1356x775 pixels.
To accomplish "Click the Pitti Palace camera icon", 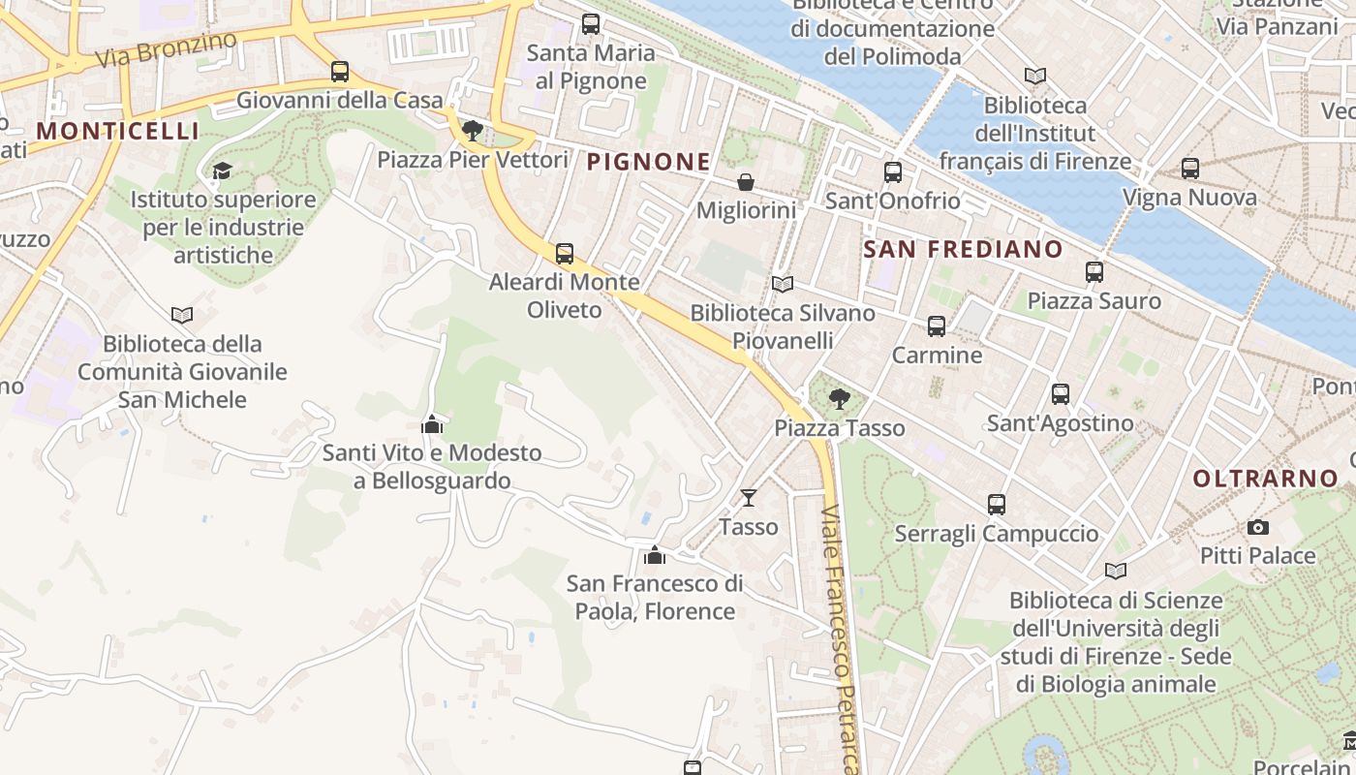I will point(1258,528).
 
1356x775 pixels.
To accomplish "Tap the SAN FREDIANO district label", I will point(963,249).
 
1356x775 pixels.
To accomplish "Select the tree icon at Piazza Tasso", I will point(840,398).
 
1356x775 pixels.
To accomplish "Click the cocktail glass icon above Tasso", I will point(748,498).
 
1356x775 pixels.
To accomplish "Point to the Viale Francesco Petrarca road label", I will point(840,639).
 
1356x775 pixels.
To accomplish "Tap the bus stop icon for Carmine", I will point(937,326).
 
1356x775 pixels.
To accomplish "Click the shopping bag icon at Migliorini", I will point(746,182).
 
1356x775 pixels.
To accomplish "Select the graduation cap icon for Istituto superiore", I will point(222,171).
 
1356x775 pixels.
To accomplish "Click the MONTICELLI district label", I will point(117,131).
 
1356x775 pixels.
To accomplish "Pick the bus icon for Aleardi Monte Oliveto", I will point(565,254).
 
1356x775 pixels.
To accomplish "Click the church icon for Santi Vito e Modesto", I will point(432,424).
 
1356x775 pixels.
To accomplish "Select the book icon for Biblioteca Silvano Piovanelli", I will point(782,285).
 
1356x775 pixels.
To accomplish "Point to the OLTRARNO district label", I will point(1265,478).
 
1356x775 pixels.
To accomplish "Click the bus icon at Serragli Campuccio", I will point(997,505).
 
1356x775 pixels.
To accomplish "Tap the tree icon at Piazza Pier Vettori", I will point(473,131).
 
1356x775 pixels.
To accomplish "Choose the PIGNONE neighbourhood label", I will point(649,162).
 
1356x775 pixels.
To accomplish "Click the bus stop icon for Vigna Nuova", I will point(1190,169).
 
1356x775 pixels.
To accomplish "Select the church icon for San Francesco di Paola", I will point(655,555).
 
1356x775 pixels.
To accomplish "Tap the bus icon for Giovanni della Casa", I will point(340,72).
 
